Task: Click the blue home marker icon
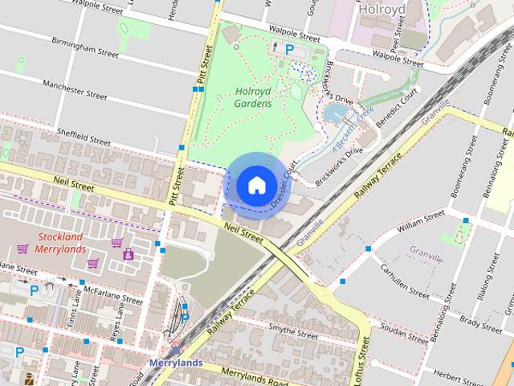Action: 255,185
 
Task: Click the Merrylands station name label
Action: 175,363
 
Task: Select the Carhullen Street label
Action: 406,280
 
